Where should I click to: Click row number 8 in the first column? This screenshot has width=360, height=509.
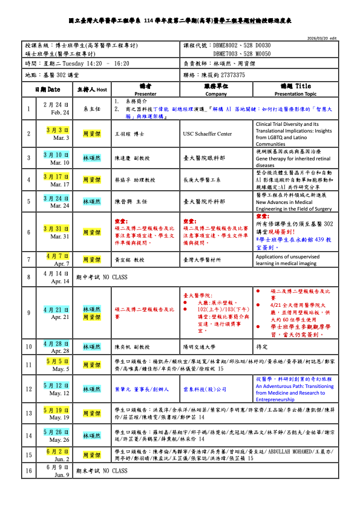pos(28,277)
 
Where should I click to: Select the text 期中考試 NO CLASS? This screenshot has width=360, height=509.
pos(101,277)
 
